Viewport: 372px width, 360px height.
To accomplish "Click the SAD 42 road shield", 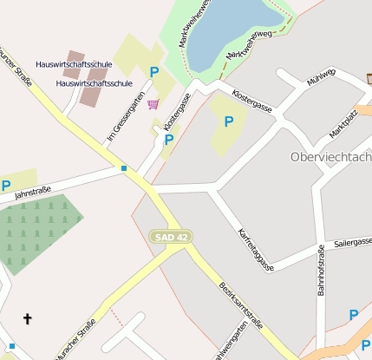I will pyautogui.click(x=170, y=236).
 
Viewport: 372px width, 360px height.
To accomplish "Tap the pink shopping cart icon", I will pyautogui.click(x=153, y=104).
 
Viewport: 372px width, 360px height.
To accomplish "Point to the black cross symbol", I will pyautogui.click(x=27, y=319).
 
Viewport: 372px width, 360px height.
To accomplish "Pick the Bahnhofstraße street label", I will pyautogui.click(x=321, y=272).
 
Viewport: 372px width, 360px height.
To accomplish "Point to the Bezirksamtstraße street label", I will pyautogui.click(x=240, y=304).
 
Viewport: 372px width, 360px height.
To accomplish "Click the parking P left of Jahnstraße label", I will pyautogui.click(x=6, y=185).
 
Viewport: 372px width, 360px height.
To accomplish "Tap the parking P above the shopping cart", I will pyautogui.click(x=154, y=73).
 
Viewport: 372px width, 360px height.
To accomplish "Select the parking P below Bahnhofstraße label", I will pyautogui.click(x=354, y=315).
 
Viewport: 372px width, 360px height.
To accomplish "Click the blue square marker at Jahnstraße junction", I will pyautogui.click(x=124, y=168).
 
